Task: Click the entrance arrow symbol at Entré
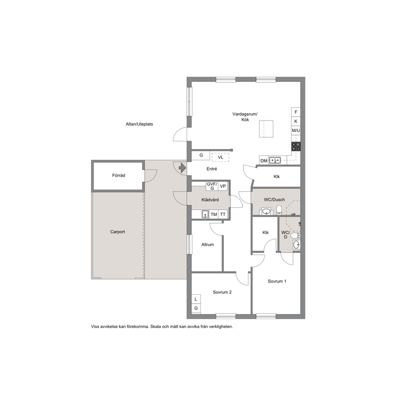182,168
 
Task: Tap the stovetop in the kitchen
296,147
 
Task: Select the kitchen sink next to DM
275,160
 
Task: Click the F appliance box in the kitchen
296,112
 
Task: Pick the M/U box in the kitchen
296,131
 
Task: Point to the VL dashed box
220,157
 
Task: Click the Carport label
117,232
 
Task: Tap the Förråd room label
119,175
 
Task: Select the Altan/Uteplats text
139,124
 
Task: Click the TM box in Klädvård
214,214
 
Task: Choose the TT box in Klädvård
223,214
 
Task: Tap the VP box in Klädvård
223,186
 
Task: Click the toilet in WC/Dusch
279,210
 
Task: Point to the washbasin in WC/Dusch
266,211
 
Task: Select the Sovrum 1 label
277,281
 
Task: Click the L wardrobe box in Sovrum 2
196,299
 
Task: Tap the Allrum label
208,244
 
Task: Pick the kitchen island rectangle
266,129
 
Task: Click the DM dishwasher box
264,160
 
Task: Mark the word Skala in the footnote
156,327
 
